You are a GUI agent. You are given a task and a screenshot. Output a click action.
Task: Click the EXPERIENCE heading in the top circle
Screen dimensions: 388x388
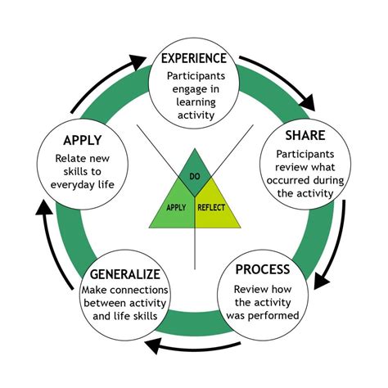pos(194,59)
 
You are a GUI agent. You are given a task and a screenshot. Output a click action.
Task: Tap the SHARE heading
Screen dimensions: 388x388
pos(305,134)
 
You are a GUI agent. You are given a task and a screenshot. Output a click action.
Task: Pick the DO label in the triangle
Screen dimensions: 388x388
pos(194,176)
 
